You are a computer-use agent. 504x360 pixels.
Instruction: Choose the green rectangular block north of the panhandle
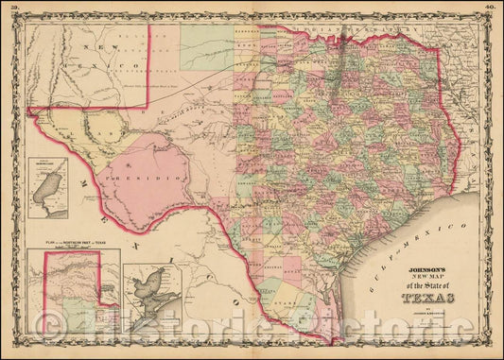coord(207,47)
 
